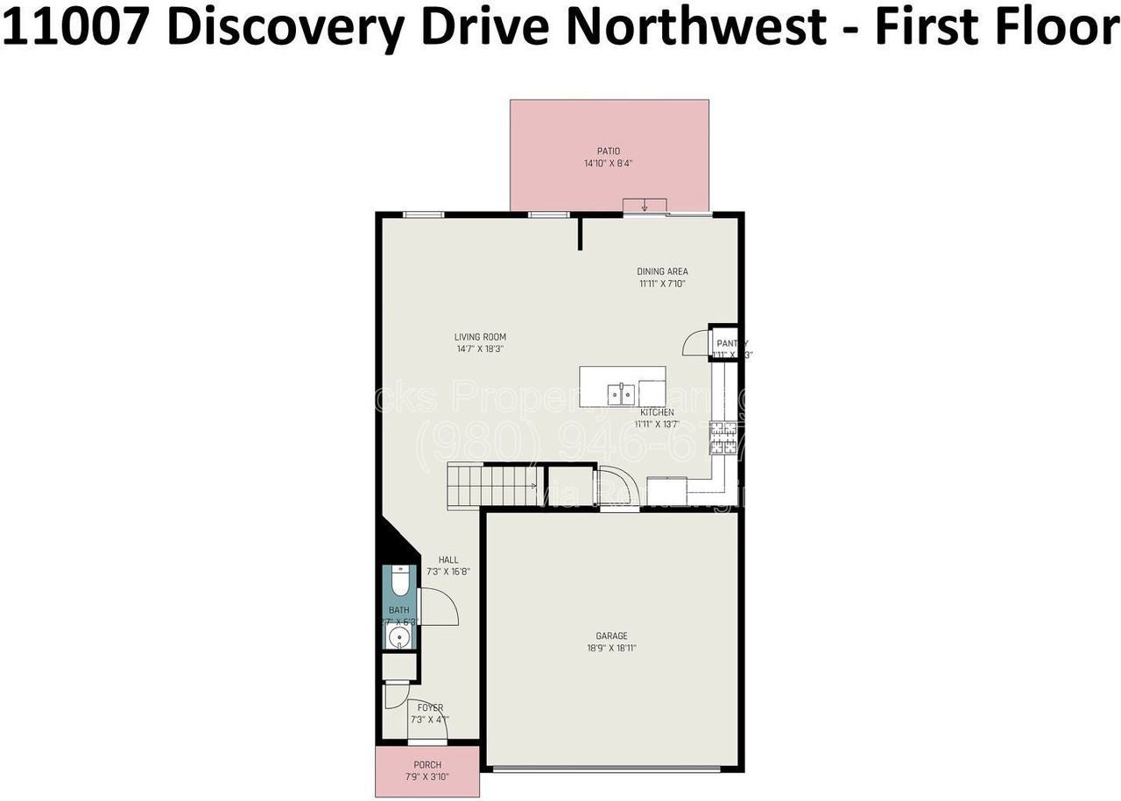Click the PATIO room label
point(609,151)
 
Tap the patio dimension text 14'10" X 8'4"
point(609,164)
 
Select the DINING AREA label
point(662,271)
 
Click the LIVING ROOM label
point(480,337)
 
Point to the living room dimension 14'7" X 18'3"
point(480,348)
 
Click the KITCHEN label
point(657,412)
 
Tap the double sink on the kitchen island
point(623,389)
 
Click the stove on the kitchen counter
point(723,436)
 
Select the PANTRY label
point(731,344)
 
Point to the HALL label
point(448,560)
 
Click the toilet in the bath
point(400,581)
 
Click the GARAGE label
point(611,636)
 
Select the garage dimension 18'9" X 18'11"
point(611,649)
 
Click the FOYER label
point(430,708)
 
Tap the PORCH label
point(427,765)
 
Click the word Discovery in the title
point(285,28)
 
